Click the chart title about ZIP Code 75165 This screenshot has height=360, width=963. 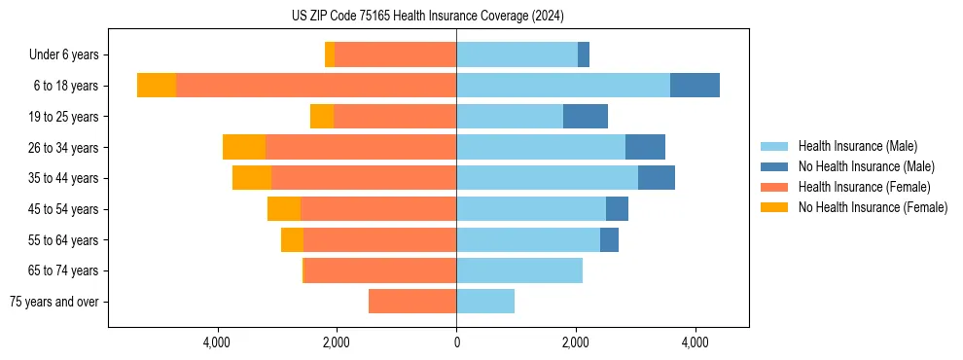click(428, 16)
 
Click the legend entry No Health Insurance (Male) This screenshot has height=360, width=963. click(866, 166)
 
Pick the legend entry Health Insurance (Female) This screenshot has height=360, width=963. click(864, 187)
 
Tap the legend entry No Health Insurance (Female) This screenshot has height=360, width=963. click(873, 207)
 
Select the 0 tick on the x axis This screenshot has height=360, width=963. click(456, 342)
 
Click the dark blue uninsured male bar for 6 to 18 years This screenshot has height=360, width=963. click(695, 86)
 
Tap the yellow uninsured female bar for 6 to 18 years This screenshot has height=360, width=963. click(157, 86)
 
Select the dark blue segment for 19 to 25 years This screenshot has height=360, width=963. click(586, 117)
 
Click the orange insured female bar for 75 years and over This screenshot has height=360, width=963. click(412, 302)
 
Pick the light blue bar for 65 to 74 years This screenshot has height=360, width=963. click(519, 270)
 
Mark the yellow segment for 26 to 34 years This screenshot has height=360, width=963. click(244, 147)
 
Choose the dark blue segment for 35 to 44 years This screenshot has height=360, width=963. click(657, 178)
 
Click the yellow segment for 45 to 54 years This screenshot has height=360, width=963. click(284, 209)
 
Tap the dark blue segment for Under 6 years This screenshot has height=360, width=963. click(584, 55)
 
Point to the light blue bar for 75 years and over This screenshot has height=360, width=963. click(485, 302)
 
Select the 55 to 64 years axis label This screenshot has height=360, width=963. click(63, 240)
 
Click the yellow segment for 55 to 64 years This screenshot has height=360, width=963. click(292, 239)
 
